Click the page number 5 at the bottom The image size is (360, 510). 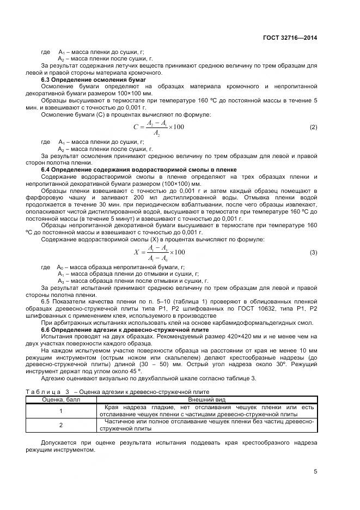click(x=315, y=471)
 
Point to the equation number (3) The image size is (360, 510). click(x=313, y=252)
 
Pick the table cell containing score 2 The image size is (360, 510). click(x=61, y=424)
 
